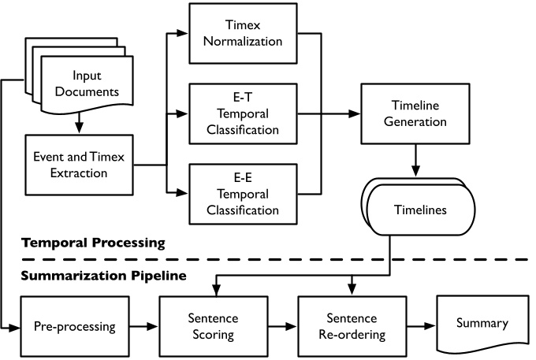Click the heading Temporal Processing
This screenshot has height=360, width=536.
pos(93,243)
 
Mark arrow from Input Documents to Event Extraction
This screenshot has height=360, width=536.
pos(80,123)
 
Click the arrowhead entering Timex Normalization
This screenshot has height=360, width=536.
pos(184,33)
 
